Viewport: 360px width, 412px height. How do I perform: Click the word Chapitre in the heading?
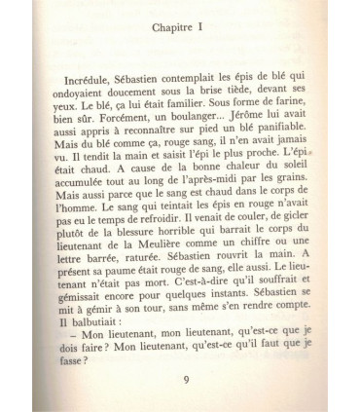pos(172,31)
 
